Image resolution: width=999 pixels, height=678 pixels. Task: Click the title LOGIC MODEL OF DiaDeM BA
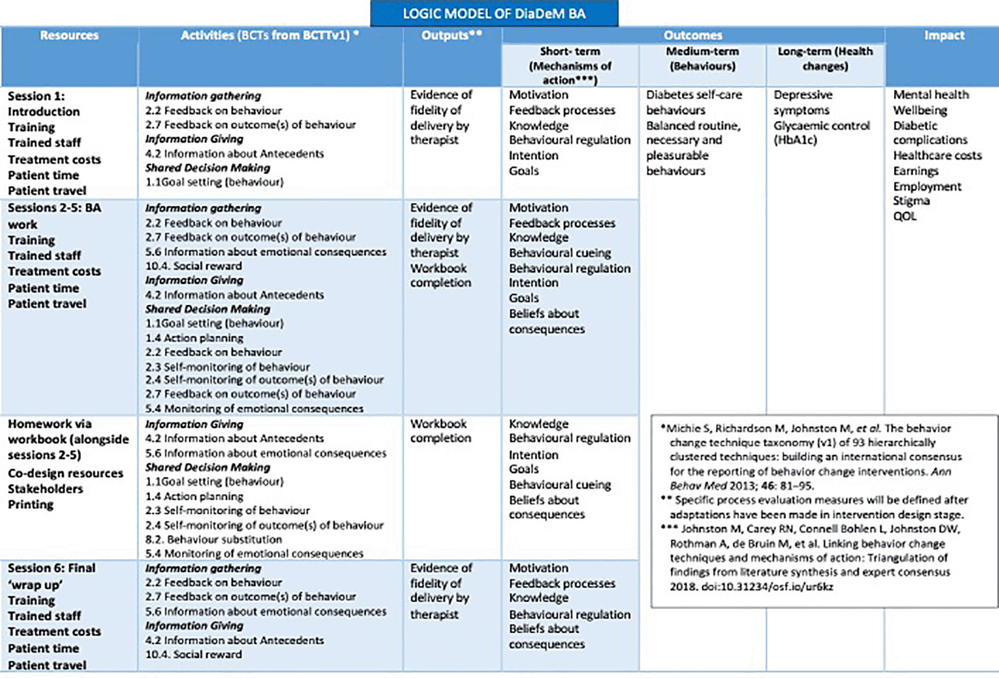click(x=494, y=13)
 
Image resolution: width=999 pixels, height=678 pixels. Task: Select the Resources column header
click(x=69, y=35)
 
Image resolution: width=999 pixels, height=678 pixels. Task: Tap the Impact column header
click(x=944, y=35)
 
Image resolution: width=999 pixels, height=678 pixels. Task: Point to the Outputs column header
click(x=451, y=35)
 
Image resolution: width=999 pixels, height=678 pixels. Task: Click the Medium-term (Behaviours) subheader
click(x=702, y=58)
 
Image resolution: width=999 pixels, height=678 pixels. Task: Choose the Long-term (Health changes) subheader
click(x=825, y=58)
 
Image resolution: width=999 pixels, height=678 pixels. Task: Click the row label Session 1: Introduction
click(x=43, y=104)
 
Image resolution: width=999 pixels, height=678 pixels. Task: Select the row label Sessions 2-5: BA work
click(x=54, y=215)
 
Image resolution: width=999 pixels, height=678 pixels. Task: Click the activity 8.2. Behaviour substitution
click(x=213, y=540)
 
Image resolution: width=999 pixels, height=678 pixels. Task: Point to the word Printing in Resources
click(x=31, y=504)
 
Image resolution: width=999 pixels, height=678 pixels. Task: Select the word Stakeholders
click(x=45, y=489)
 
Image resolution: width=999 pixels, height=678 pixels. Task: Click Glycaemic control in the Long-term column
click(x=821, y=126)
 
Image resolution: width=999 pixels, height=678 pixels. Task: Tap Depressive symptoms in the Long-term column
click(x=802, y=102)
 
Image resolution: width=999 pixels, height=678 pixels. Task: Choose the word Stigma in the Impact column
click(x=911, y=201)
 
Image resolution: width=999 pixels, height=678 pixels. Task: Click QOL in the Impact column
click(x=905, y=217)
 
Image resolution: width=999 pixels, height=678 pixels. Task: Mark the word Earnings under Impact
click(x=916, y=171)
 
